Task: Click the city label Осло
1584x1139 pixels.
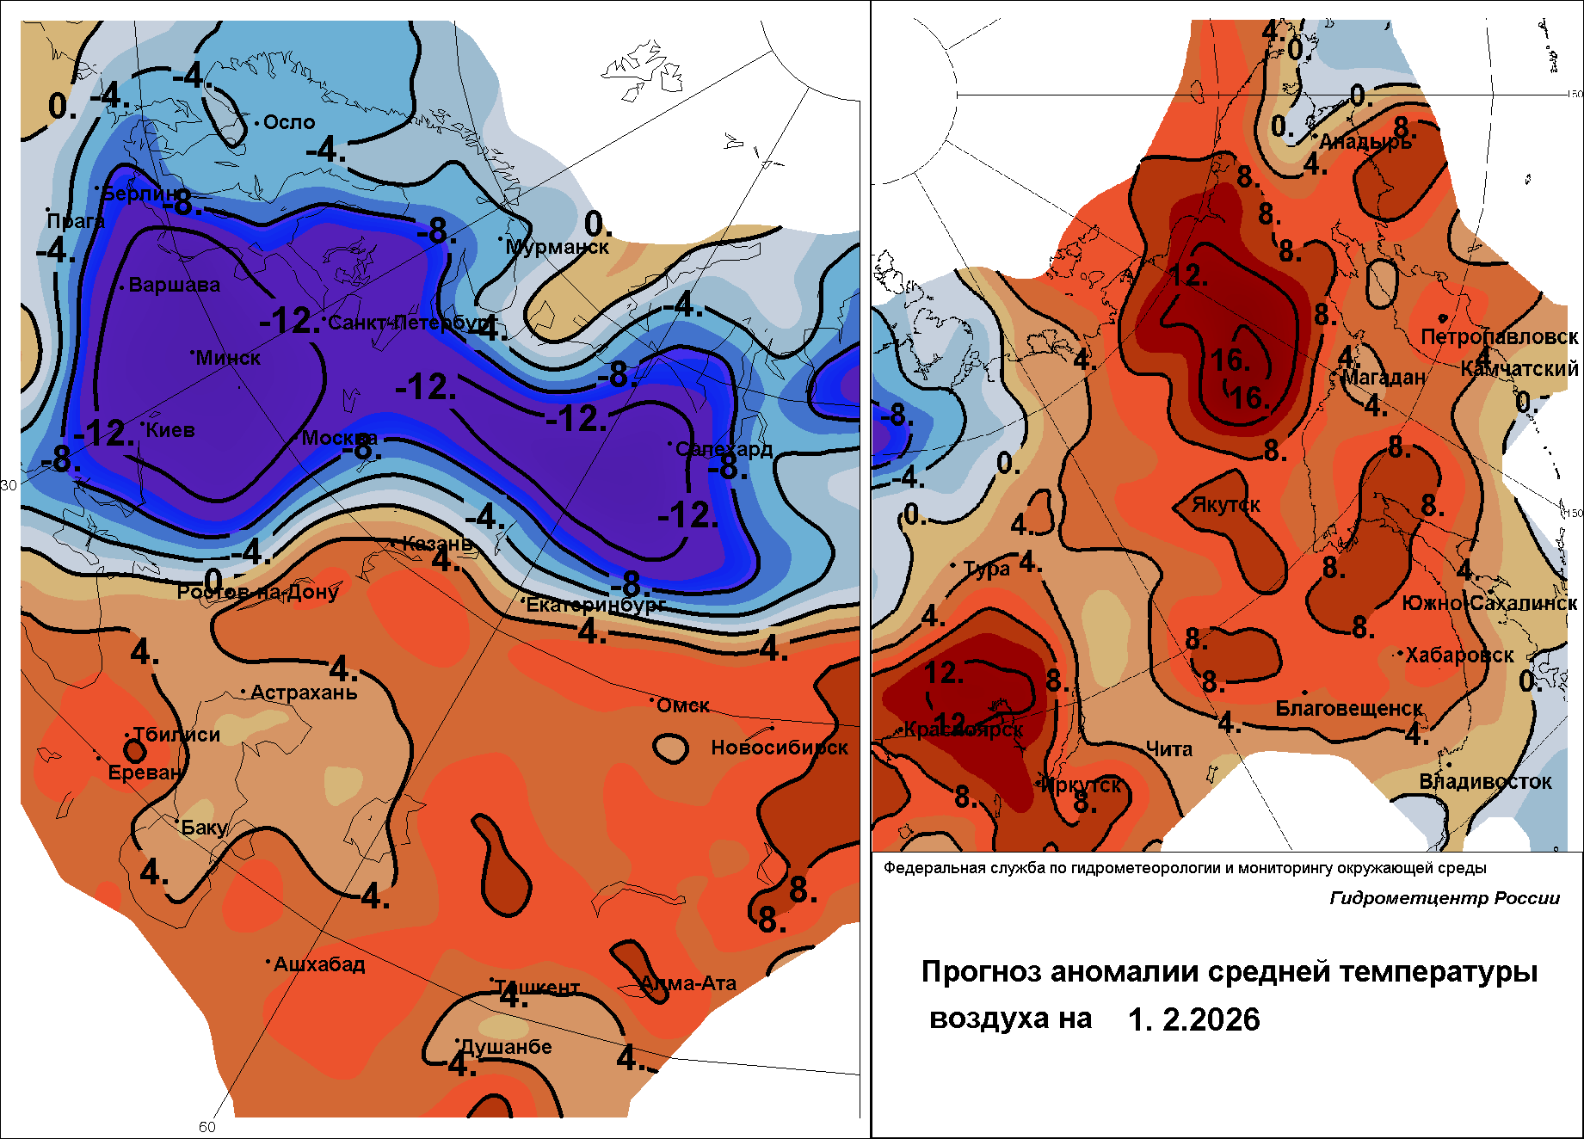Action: [289, 122]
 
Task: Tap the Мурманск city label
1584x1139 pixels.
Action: [557, 247]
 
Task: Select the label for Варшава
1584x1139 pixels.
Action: [174, 285]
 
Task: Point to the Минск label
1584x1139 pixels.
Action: [228, 358]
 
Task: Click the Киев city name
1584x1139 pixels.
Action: [170, 430]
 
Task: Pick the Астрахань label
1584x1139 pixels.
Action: [304, 693]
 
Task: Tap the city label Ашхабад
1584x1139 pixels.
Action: [319, 964]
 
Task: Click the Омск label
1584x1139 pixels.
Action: [683, 705]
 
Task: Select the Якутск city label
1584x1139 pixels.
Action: [1225, 505]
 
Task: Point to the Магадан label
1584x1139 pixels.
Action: [1384, 378]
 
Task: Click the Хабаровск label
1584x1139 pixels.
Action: [1459, 655]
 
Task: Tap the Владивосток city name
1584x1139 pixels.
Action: [1485, 782]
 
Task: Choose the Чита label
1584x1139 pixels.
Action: [1169, 749]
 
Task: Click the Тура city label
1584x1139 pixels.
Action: [986, 569]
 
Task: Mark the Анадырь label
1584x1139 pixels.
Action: [1365, 141]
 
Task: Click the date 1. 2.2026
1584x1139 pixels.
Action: [1193, 1019]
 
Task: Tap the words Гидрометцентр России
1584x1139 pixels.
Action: [1445, 898]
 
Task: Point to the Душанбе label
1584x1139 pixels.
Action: [506, 1047]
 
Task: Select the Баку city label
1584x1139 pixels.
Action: [204, 828]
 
